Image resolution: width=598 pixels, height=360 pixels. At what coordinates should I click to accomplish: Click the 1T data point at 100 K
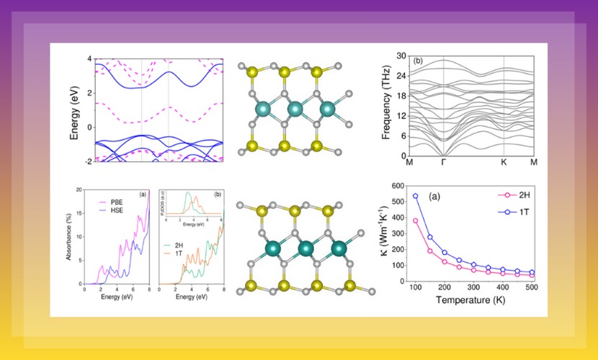[415, 196]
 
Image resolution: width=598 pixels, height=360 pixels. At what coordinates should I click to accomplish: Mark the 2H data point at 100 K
[415, 220]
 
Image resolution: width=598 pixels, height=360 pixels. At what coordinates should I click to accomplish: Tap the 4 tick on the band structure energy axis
[89, 59]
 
